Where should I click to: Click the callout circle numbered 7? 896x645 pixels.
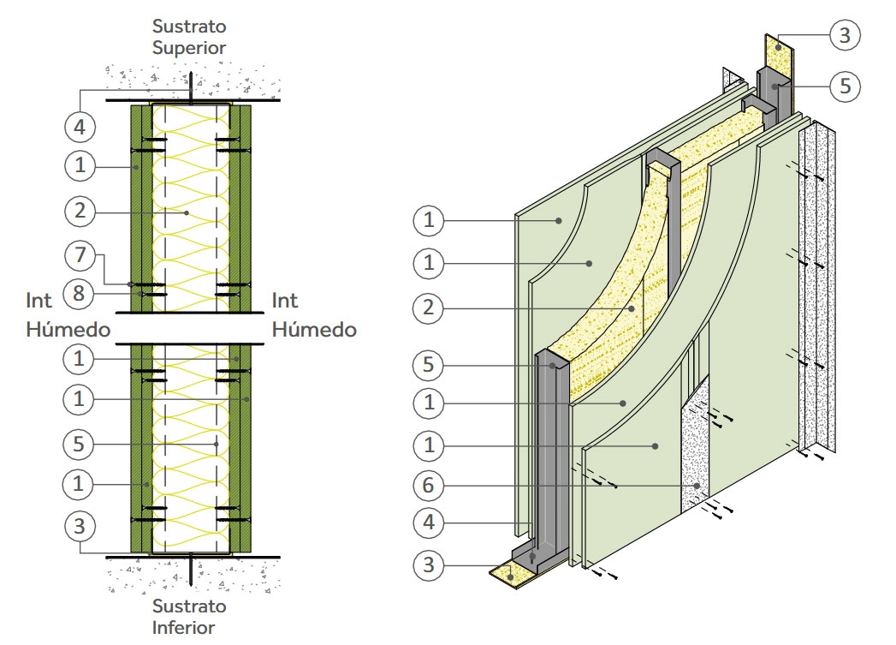coord(80,255)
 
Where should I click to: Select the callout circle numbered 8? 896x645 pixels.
coord(80,294)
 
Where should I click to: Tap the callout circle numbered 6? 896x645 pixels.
coord(429,485)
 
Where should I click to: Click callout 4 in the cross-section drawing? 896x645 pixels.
coord(80,127)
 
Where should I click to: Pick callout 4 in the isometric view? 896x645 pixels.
coord(429,521)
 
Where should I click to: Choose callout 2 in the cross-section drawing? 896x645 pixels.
coord(80,209)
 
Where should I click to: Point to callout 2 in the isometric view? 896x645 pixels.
coord(429,308)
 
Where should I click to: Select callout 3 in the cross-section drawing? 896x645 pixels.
coord(80,527)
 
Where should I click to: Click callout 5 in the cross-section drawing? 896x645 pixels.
coord(80,444)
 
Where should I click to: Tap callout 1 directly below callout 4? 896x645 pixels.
coord(80,164)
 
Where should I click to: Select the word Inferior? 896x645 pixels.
coord(189,627)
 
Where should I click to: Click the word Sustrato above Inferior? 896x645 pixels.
coord(189,606)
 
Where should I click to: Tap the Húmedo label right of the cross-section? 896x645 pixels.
coord(314,330)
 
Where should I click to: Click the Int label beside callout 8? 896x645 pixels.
coord(39,301)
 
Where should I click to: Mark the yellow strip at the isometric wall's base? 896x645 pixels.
coord(508,575)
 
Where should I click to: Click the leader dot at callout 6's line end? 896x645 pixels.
coord(698,486)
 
